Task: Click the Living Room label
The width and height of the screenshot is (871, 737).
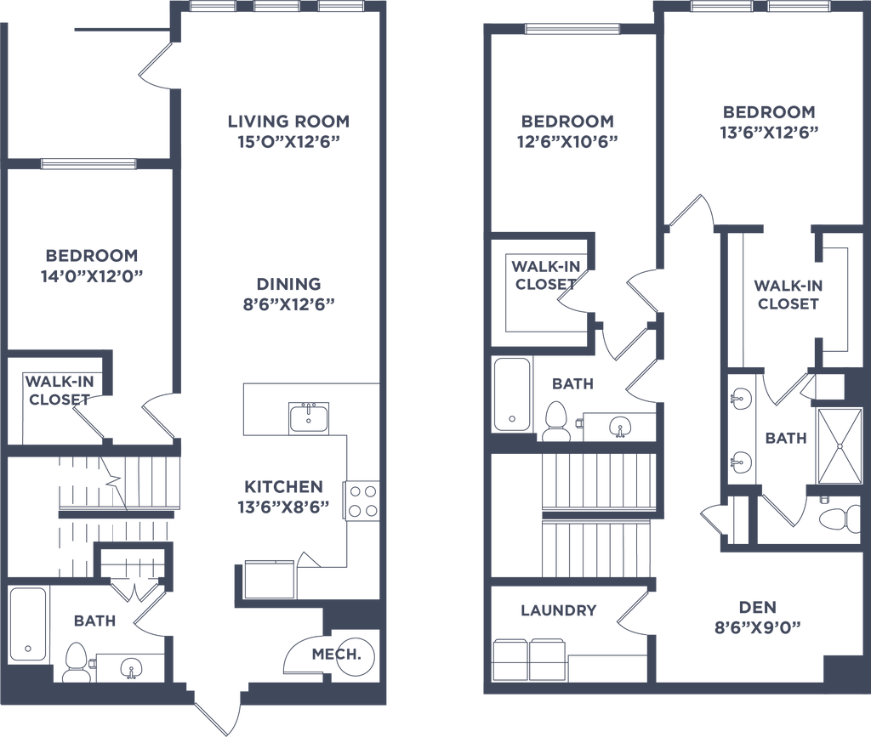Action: (x=289, y=121)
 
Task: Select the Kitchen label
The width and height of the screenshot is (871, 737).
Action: (x=283, y=487)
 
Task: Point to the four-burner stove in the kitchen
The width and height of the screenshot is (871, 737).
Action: (x=361, y=501)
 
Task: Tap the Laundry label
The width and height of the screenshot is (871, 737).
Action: (x=557, y=609)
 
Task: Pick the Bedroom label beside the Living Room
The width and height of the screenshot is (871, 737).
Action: (x=92, y=255)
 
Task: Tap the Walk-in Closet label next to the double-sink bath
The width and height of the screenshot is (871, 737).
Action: (x=788, y=293)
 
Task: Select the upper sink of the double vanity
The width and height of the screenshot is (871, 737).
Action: (x=740, y=398)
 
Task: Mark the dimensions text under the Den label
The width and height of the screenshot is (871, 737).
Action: (x=757, y=628)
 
